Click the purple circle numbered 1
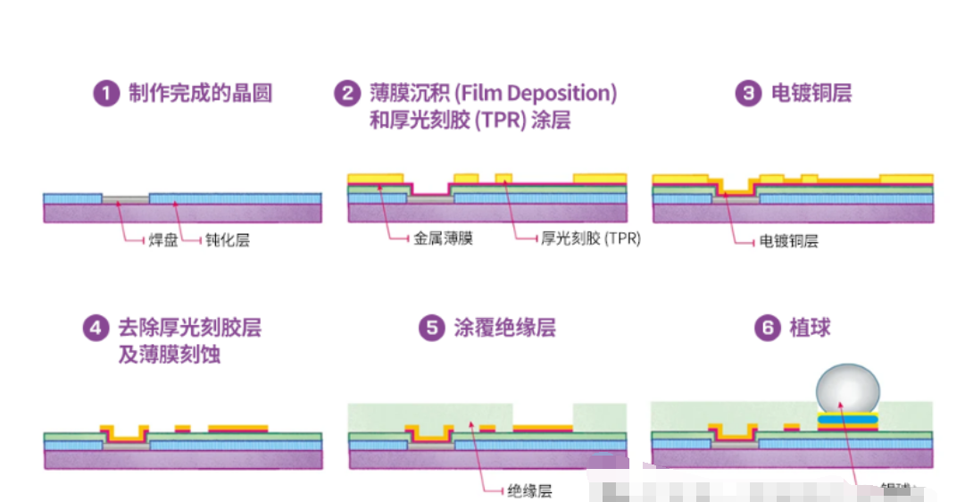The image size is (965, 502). tap(107, 93)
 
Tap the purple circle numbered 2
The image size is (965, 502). tap(346, 93)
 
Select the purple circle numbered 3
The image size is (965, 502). tap(747, 93)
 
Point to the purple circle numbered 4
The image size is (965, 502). tap(96, 329)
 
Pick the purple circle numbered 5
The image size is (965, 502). tap(432, 329)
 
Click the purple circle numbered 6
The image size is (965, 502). tap(767, 329)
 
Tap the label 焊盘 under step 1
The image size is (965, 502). tap(162, 240)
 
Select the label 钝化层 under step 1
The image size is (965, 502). tap(228, 240)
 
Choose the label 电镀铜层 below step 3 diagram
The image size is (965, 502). tap(788, 241)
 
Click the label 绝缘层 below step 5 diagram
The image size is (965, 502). tap(529, 491)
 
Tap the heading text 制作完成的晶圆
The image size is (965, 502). tap(200, 93)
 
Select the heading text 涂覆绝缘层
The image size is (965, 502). tap(504, 329)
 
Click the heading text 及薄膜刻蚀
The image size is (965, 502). tap(169, 355)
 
